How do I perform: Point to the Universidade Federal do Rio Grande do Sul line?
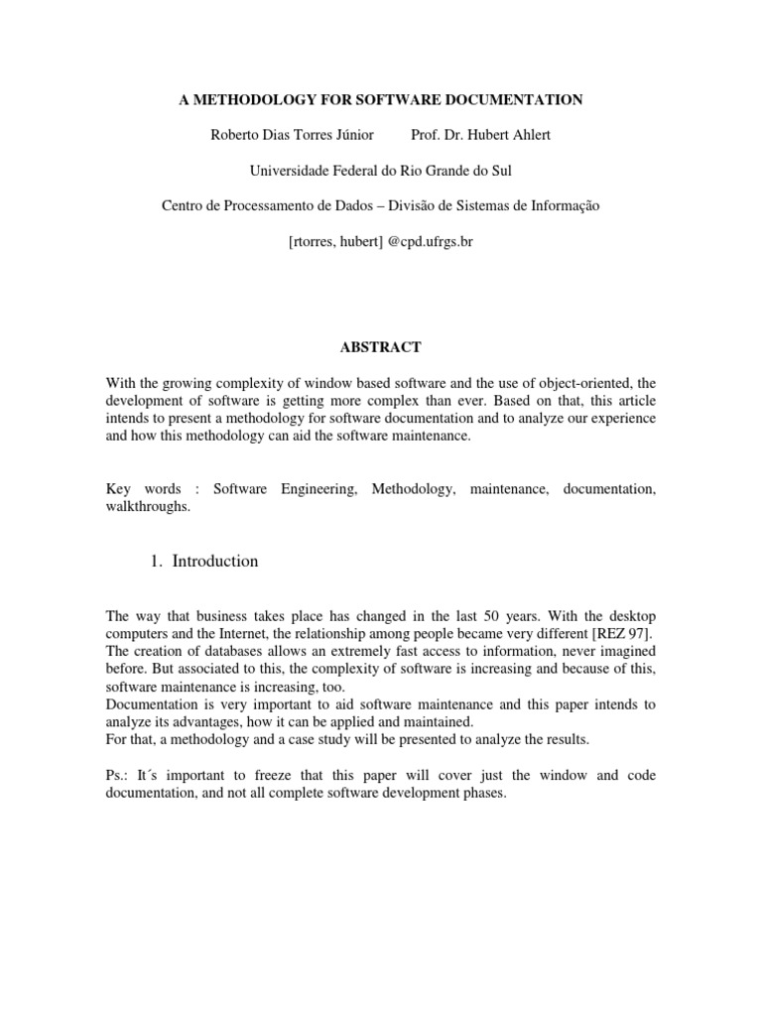pyautogui.click(x=380, y=171)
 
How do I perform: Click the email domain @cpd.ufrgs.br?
pyautogui.click(x=428, y=241)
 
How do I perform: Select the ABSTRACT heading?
pyautogui.click(x=380, y=347)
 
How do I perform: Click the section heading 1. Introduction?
pyautogui.click(x=204, y=561)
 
